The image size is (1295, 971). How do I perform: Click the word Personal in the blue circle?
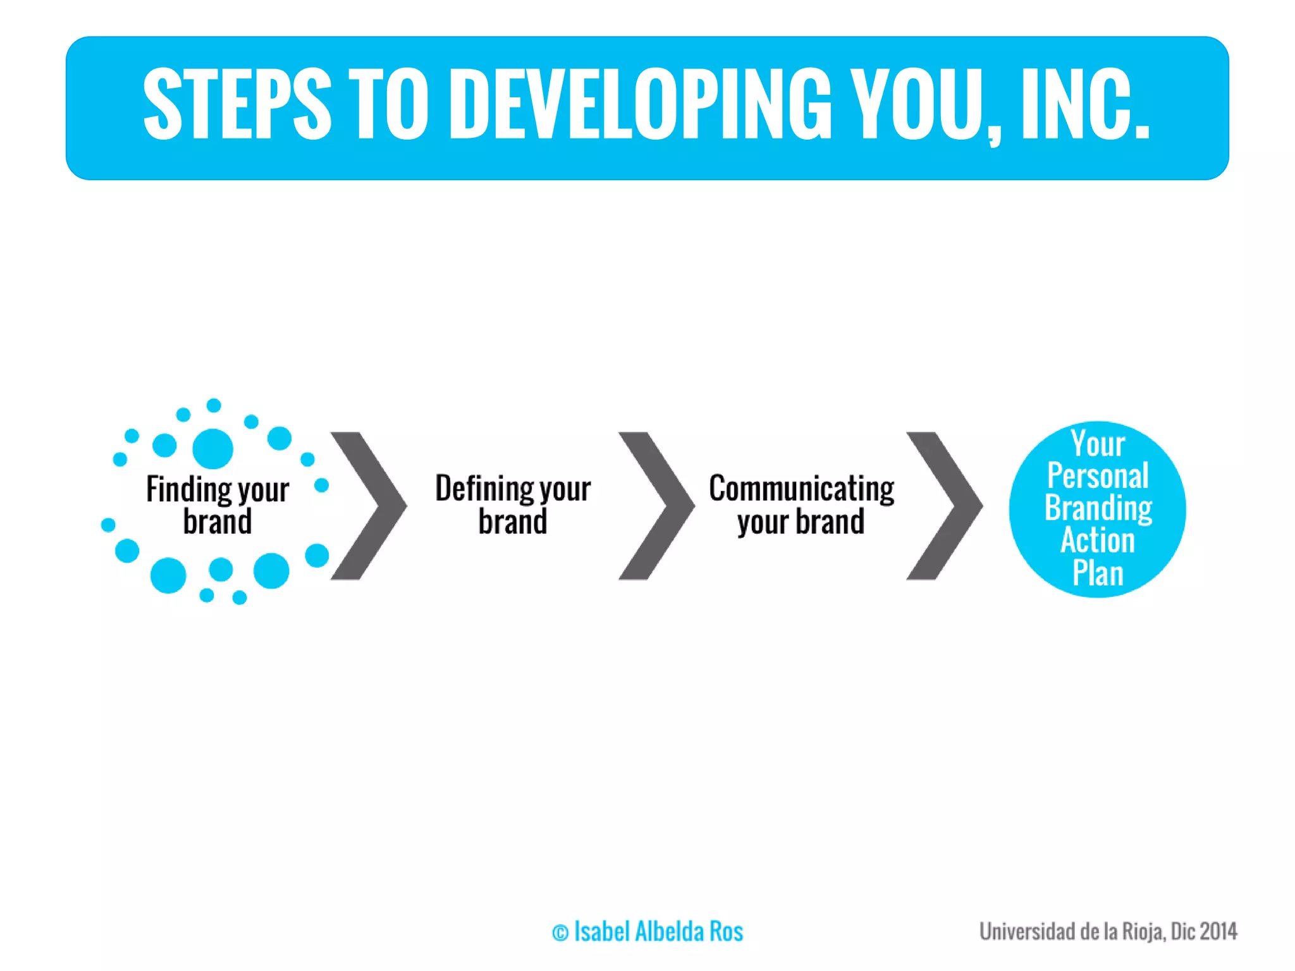coord(1098,475)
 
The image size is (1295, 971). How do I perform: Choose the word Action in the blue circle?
coord(1098,540)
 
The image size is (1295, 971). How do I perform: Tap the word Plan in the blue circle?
coord(1098,573)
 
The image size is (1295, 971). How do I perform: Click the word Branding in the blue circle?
coord(1098,508)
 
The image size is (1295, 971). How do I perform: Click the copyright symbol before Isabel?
coord(560,933)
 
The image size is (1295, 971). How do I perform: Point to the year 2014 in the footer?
coord(1218,931)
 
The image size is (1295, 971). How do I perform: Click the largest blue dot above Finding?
coord(212,449)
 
